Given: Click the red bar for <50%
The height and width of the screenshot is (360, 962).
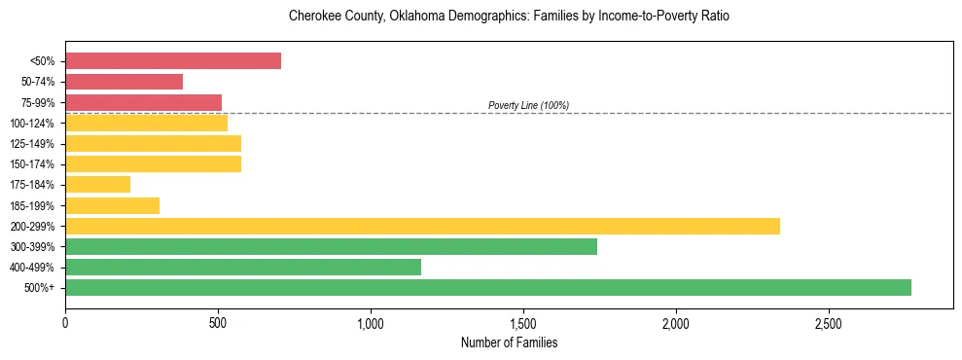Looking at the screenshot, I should coord(173,61).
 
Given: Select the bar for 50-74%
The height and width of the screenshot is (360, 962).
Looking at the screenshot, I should coord(124,82).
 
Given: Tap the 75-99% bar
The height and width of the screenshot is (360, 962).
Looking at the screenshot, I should coord(143,102).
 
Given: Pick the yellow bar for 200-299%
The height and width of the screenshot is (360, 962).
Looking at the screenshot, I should coord(422,226).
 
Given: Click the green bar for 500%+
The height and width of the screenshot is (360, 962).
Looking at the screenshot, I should coord(488,287).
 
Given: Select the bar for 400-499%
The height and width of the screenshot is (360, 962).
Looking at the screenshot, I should coord(243,267).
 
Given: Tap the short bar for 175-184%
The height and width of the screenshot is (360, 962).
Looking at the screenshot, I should coord(97,185).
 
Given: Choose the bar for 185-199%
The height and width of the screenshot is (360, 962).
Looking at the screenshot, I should coord(112,205).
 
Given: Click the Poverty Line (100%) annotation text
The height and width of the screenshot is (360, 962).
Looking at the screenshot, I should coord(528,105).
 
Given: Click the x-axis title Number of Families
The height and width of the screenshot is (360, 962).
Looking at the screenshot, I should coord(509,342).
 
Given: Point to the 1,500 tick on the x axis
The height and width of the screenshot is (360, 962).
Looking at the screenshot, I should coord(523,323).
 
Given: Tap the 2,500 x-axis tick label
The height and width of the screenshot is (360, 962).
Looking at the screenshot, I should coord(829,323).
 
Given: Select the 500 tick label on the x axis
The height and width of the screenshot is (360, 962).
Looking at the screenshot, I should coord(218,323).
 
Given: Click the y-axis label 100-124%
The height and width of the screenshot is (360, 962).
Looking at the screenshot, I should coord(32,124).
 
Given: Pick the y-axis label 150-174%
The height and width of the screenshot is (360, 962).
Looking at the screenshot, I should coord(32,164).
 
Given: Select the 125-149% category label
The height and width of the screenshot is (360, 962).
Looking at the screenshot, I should coord(32,144).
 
